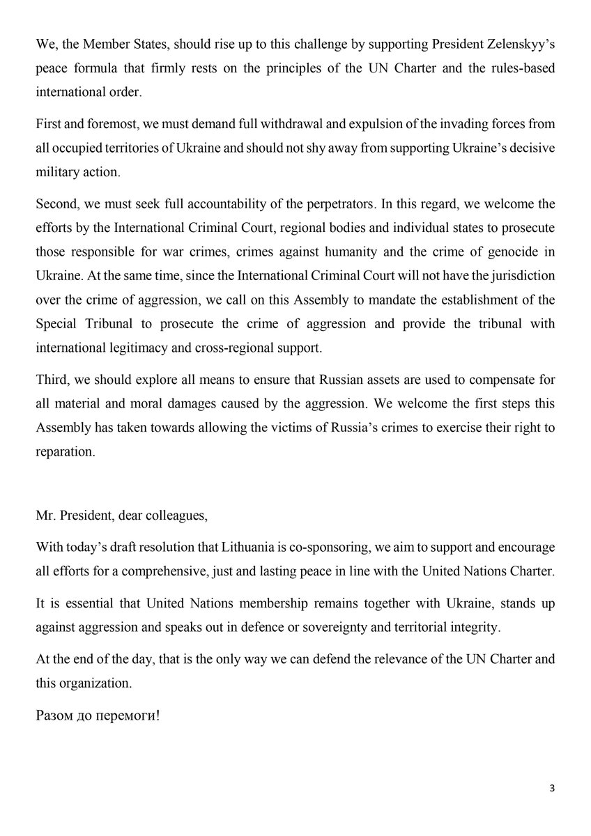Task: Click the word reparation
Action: tap(65, 451)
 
